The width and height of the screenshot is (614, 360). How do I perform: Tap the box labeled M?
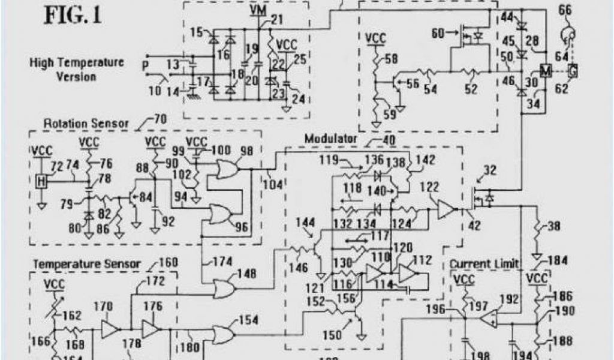point(546,71)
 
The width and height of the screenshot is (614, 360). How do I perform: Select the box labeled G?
point(573,71)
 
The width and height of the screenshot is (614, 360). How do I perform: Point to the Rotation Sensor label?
point(86,124)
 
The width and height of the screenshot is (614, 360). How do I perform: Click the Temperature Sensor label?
point(87,263)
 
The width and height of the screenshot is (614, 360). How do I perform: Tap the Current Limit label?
point(484,264)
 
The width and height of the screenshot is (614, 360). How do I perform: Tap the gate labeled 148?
point(224,289)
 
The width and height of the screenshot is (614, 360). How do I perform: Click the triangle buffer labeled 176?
point(151,328)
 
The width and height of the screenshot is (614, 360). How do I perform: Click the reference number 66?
point(565,10)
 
